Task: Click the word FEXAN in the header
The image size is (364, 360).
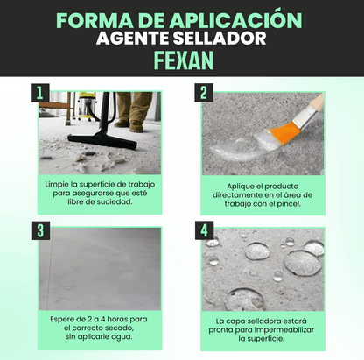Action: tap(184, 60)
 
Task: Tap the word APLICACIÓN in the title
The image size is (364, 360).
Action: tap(236, 20)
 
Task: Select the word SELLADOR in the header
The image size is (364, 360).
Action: tap(220, 39)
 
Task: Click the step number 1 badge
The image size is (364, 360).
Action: tap(40, 93)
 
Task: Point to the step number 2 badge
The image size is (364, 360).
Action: tap(204, 93)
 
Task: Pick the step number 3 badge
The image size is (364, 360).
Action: tap(40, 230)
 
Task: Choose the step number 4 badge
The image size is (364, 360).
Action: tap(205, 230)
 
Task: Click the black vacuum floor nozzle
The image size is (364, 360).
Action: tap(102, 141)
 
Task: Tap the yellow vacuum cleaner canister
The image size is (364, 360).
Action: tap(87, 106)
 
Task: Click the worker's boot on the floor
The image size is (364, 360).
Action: tap(136, 126)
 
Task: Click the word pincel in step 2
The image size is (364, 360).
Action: tap(289, 204)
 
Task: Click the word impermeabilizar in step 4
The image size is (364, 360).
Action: tap(284, 330)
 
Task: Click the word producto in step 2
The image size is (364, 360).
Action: tap(281, 187)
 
